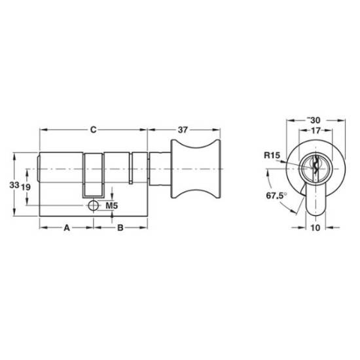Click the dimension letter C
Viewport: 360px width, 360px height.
point(93,130)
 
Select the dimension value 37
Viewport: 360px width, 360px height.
point(183,130)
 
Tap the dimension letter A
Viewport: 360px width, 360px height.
point(67,228)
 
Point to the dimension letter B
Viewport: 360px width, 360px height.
point(120,228)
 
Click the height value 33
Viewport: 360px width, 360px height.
point(14,185)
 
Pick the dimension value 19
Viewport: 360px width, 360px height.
point(26,187)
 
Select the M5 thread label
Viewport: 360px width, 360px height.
point(111,206)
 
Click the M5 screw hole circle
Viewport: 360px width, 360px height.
point(93,206)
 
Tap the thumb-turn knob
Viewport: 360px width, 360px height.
point(196,169)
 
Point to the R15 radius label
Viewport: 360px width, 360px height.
point(272,155)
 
